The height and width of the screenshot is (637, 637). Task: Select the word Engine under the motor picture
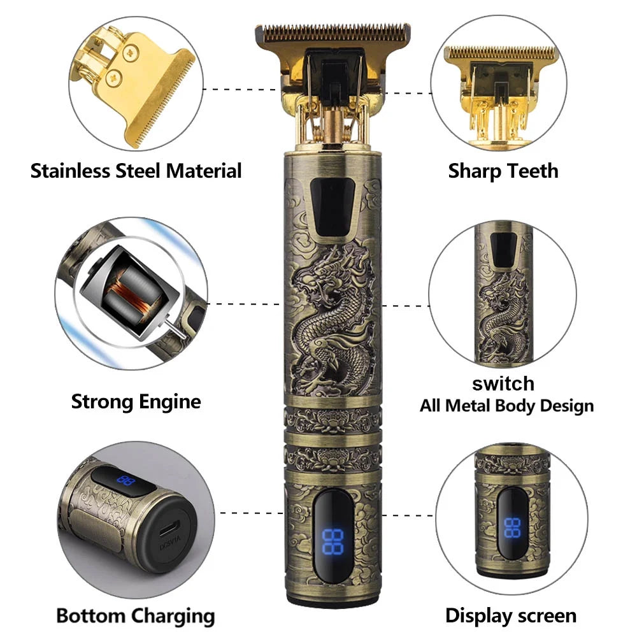(170, 402)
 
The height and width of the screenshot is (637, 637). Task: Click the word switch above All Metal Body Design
(503, 383)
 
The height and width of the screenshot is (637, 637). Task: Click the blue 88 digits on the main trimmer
(333, 541)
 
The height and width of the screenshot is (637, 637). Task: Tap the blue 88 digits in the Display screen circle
(512, 527)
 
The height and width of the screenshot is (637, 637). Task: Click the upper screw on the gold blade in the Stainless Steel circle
(131, 52)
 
